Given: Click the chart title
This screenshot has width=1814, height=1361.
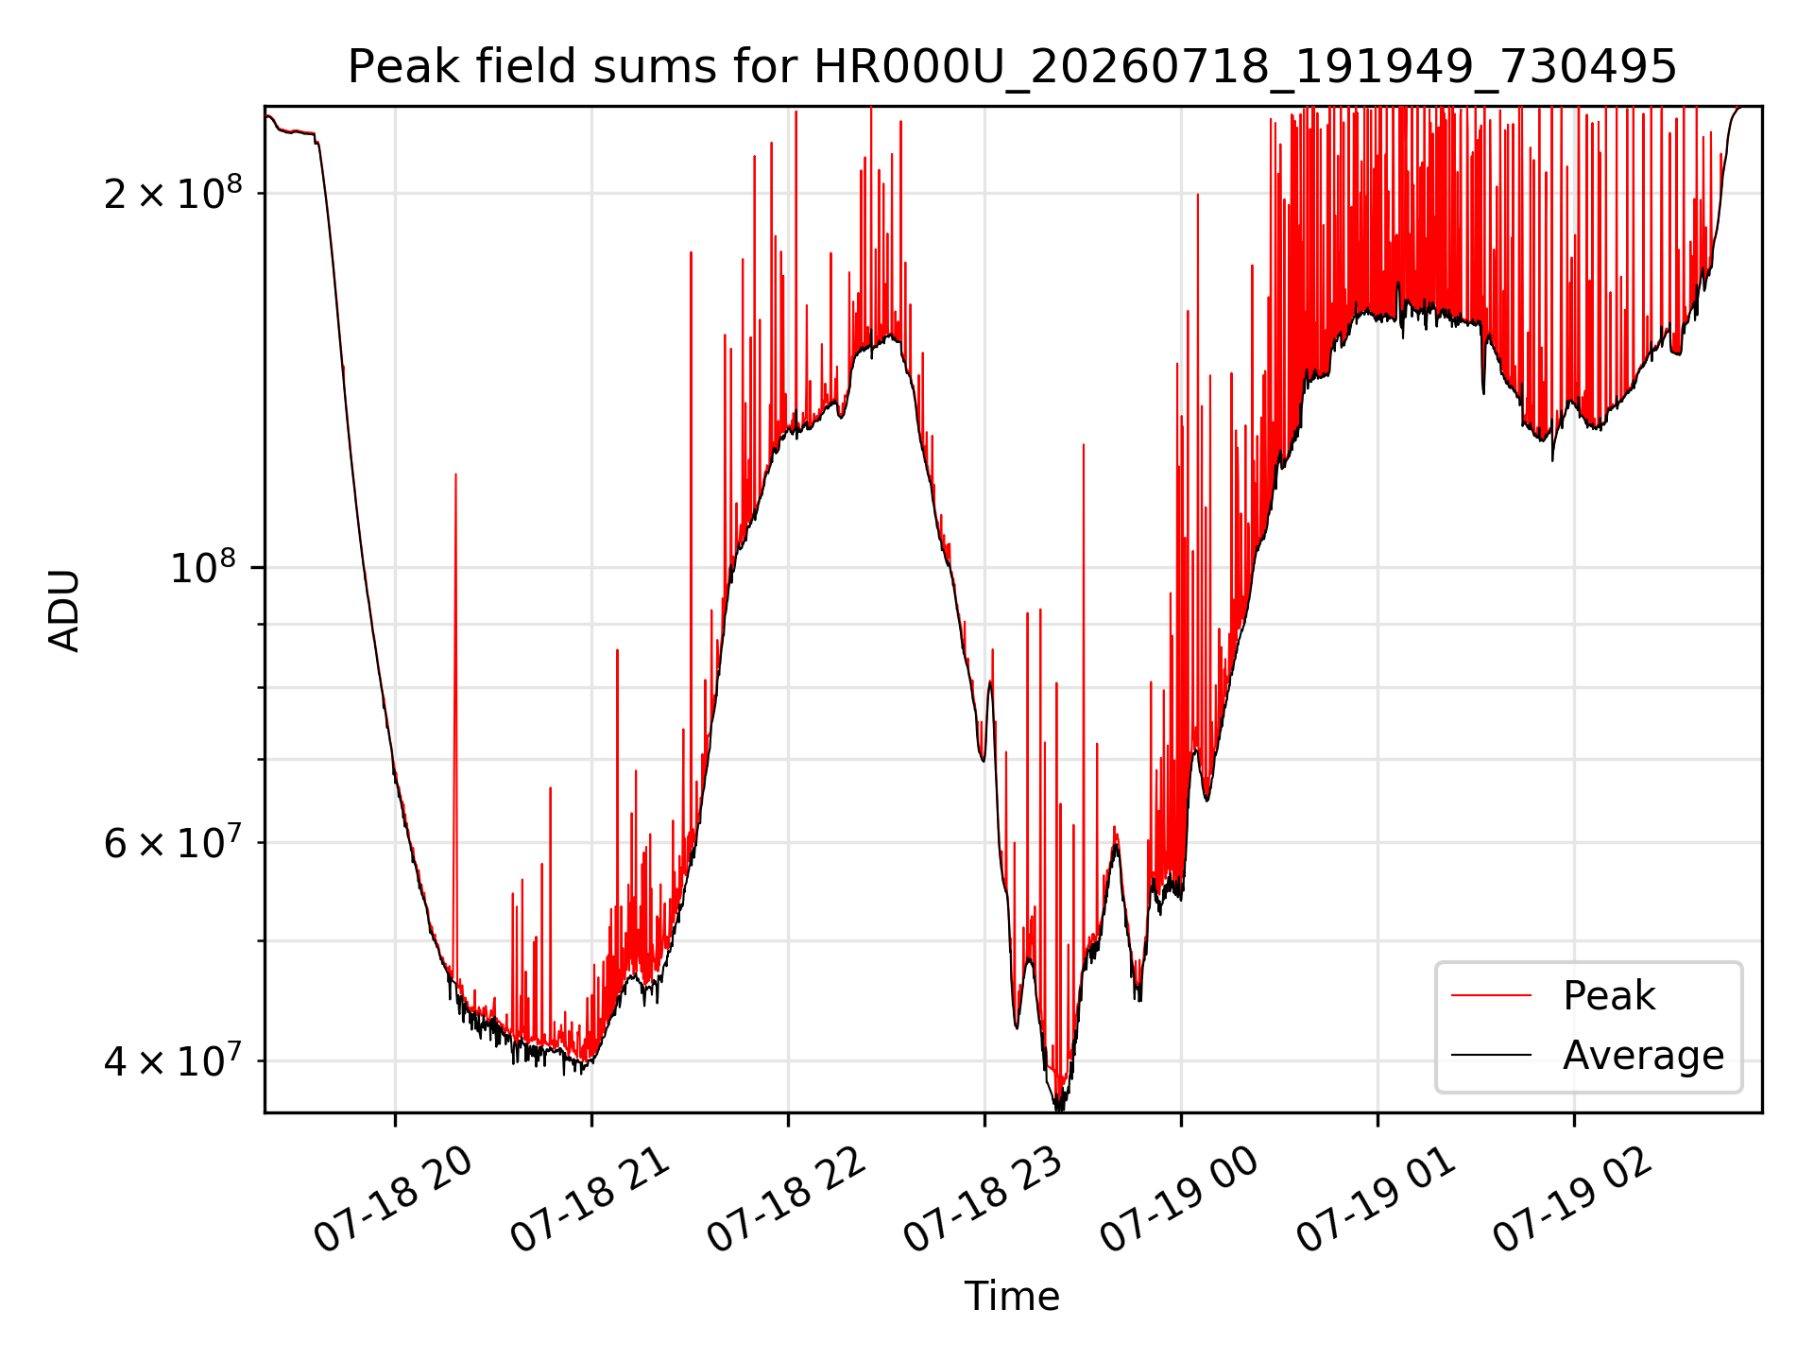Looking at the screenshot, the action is click(1012, 67).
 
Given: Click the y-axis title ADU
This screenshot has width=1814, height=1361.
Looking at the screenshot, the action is click(64, 610).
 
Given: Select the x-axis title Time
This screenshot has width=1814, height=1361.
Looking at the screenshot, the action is click(1012, 1296).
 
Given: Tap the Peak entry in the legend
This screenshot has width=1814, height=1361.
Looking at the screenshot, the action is click(1609, 996).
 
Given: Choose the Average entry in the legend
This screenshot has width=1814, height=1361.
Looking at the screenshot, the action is click(1643, 1056).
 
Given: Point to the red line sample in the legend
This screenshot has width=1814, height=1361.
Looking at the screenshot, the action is click(1491, 995).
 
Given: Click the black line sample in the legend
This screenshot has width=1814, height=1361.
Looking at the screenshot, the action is click(1491, 1055).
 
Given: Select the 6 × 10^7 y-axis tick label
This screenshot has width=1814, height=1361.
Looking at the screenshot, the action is click(173, 841).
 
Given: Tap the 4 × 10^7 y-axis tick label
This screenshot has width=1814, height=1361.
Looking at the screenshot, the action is click(173, 1060).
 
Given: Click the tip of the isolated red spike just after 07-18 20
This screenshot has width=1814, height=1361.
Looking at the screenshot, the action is click(455, 474).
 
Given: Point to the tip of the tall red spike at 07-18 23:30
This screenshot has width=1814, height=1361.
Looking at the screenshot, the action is click(1083, 444).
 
